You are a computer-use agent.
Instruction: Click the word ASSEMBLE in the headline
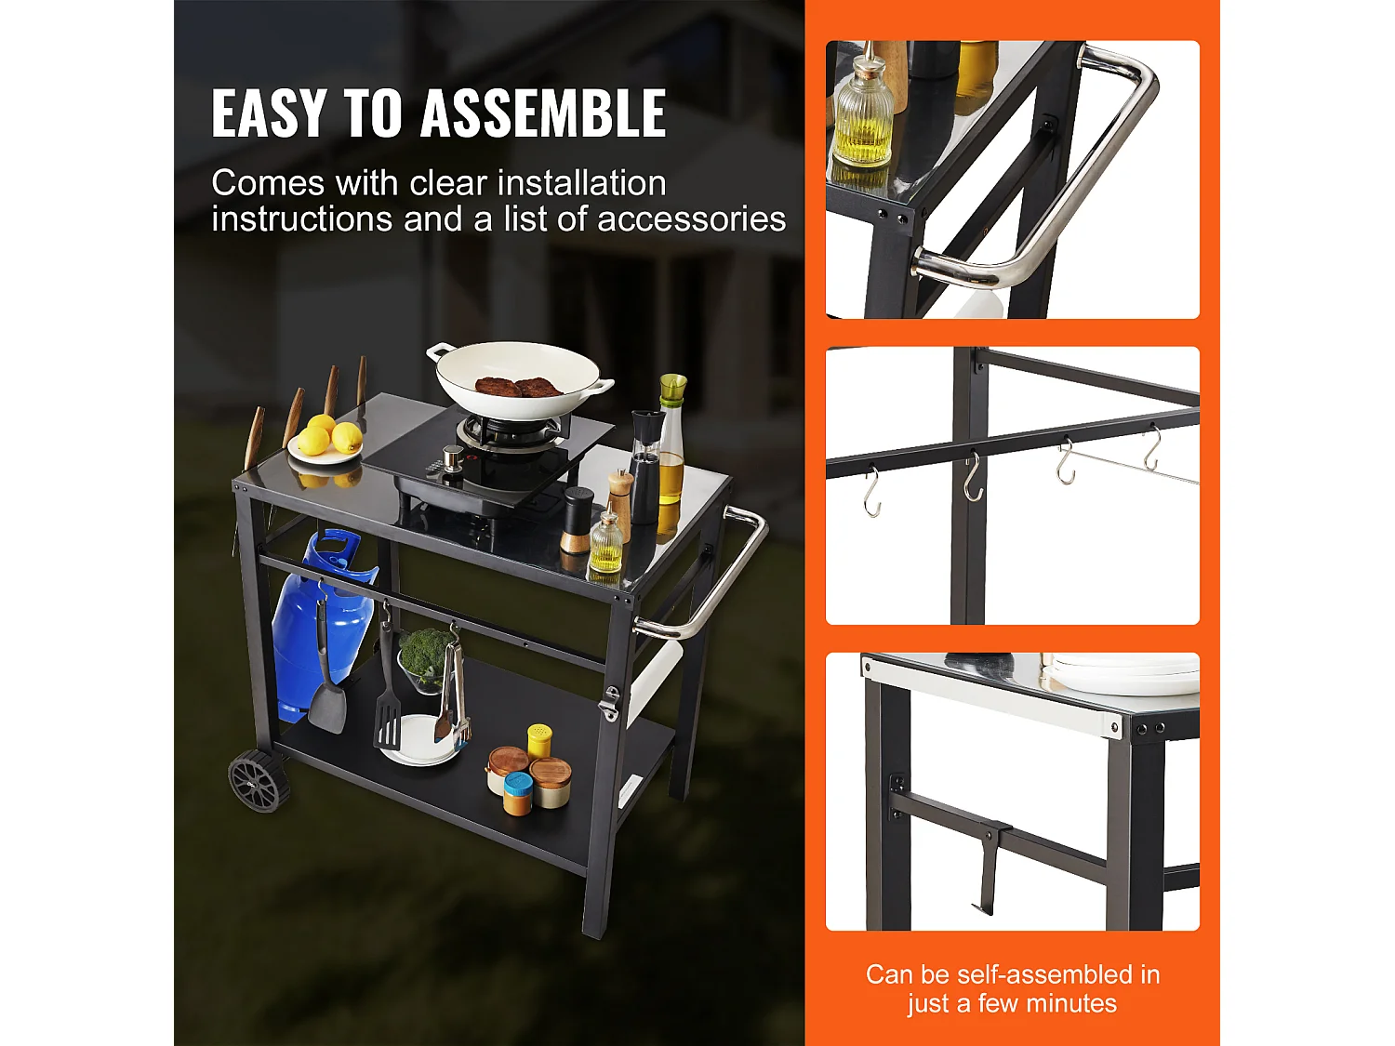(x=543, y=113)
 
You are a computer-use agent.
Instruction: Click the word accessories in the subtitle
(x=691, y=219)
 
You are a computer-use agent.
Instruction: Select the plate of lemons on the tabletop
(x=323, y=444)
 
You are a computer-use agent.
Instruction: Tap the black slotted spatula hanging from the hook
(x=388, y=707)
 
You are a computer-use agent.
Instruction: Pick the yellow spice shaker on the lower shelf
(x=539, y=741)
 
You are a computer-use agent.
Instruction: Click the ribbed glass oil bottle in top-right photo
(x=863, y=116)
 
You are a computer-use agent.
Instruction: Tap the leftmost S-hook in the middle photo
(x=871, y=492)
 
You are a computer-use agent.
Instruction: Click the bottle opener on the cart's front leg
(x=609, y=704)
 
